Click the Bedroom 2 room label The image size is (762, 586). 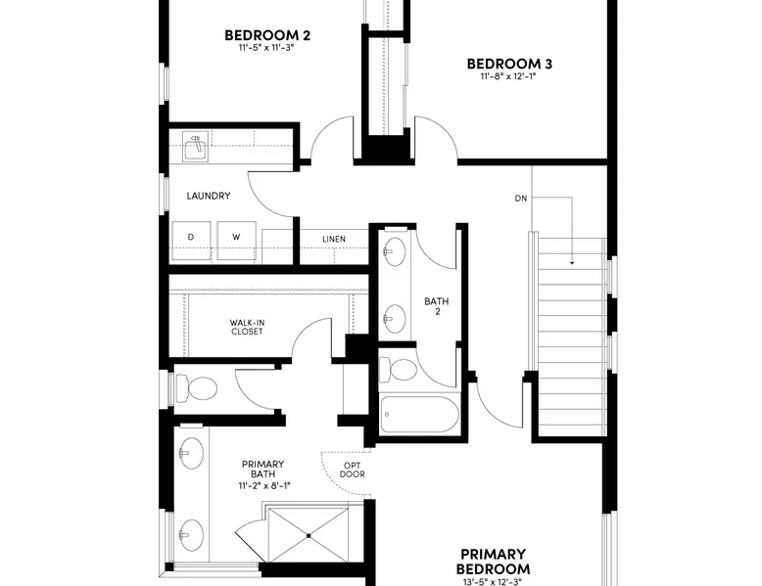pos(267,35)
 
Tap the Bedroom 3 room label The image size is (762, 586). pos(509,64)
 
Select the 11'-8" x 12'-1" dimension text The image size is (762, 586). pos(508,76)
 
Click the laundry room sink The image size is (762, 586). pos(196,146)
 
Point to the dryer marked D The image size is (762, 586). pos(191,241)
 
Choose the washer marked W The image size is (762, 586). pos(236,241)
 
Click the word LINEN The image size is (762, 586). pos(334,239)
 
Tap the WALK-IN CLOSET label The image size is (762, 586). pos(247,327)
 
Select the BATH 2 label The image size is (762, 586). pos(437,306)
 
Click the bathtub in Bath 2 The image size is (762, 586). pos(419,415)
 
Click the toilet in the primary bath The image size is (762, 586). pos(195,388)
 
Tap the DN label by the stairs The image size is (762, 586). pos(520,198)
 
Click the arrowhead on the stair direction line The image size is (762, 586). pos(572,262)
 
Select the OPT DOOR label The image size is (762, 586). pos(353,470)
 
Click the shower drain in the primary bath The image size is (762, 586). pos(309,536)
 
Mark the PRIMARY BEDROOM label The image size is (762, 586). pos(494,562)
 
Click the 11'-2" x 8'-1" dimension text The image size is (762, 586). pos(264,485)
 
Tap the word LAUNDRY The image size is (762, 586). pos(209,196)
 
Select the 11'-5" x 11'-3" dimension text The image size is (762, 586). pos(266,48)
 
